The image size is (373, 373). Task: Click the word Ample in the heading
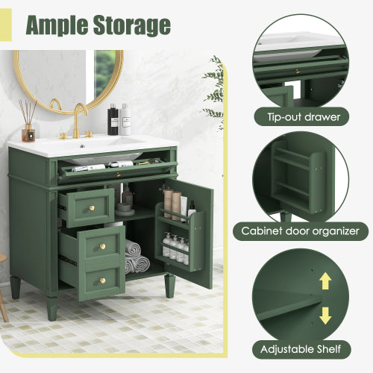click(60, 24)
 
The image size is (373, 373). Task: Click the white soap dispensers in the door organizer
click(175, 246)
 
